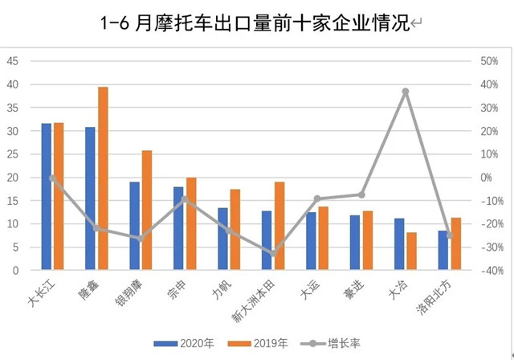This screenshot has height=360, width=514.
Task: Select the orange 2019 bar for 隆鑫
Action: [x=103, y=178]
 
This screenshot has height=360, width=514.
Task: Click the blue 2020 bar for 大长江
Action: [x=47, y=197]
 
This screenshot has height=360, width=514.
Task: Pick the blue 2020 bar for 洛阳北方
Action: [x=443, y=251]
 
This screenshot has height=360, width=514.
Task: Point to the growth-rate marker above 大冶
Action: [x=406, y=92]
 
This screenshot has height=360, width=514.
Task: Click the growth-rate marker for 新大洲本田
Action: [x=273, y=253]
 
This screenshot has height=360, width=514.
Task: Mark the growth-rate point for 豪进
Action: [x=361, y=194]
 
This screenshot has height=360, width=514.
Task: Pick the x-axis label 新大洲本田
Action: [x=255, y=302]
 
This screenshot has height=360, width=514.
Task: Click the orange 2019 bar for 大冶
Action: [x=412, y=252]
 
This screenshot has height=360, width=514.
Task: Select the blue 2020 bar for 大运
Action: [x=312, y=241]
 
